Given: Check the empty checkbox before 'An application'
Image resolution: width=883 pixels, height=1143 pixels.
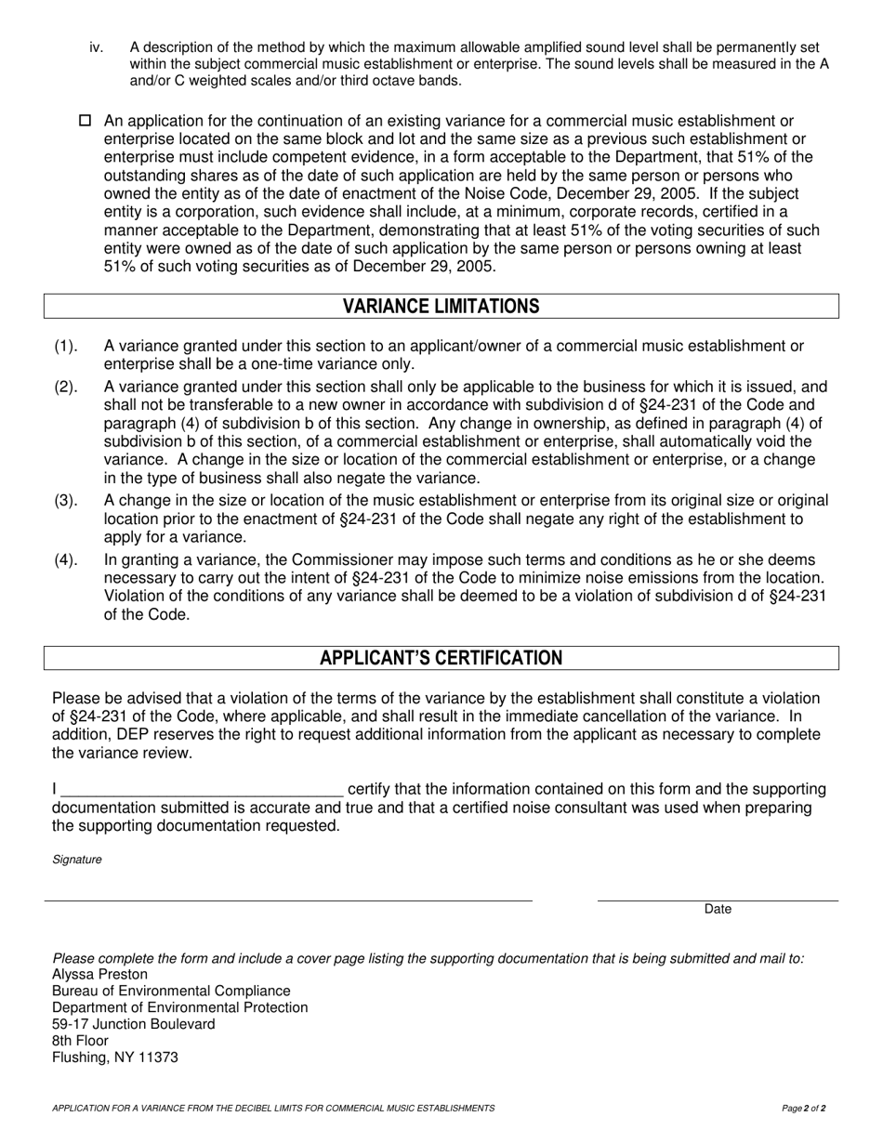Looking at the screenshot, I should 86,121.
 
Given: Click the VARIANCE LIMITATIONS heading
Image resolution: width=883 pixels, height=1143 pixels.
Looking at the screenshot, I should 441,307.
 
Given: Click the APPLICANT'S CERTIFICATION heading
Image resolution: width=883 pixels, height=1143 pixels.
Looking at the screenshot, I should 441,658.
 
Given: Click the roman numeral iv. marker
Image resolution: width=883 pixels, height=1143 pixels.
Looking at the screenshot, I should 97,47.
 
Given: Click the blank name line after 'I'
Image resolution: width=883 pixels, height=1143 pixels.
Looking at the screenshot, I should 202,790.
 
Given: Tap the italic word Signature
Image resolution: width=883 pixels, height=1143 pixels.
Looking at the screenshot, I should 77,860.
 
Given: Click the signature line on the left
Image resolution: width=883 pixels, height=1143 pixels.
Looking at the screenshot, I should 288,900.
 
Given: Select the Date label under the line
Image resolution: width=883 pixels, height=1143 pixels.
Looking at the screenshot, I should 718,910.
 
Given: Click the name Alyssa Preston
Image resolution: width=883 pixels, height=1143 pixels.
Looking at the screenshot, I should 99,974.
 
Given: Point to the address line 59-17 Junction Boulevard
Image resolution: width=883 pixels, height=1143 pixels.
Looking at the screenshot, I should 133,1024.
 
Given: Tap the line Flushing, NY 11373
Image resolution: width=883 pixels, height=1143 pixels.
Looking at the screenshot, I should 115,1058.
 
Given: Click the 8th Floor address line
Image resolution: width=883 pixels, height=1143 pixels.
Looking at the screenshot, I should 80,1041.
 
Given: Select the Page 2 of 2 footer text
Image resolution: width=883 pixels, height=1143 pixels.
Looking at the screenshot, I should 804,1108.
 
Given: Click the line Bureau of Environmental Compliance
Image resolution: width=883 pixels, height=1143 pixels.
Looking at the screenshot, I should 171,991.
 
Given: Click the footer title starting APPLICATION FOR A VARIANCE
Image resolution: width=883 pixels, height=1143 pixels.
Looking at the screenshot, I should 273,1108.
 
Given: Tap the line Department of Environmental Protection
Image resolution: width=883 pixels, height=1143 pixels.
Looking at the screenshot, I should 179,1007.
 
